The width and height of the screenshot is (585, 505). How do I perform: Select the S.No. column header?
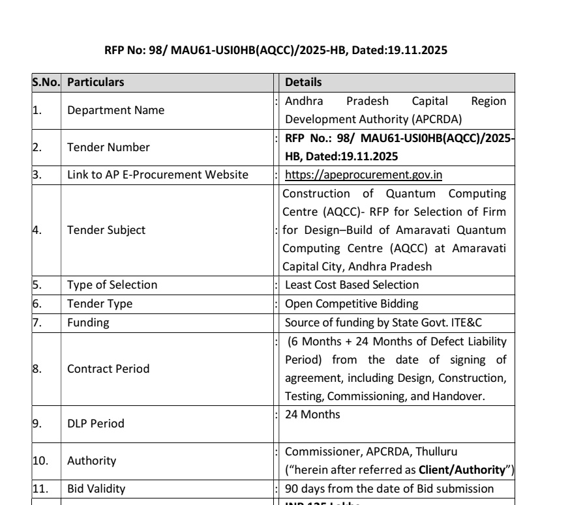(46, 83)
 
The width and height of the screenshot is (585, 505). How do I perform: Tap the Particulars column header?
(95, 83)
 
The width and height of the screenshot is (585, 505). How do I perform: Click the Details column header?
(303, 83)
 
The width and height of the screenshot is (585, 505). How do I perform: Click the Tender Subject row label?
(106, 230)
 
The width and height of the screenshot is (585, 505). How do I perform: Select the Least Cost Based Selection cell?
(352, 285)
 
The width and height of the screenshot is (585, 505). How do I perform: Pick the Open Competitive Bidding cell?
(350, 304)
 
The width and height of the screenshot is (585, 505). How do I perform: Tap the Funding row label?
(88, 323)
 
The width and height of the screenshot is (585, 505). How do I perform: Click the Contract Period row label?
(108, 369)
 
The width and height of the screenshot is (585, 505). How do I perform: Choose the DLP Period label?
(96, 424)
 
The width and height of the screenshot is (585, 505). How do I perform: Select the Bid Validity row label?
(97, 489)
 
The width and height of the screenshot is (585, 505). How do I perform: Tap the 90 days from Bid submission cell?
(389, 489)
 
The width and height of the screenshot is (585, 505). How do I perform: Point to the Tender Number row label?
(108, 147)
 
